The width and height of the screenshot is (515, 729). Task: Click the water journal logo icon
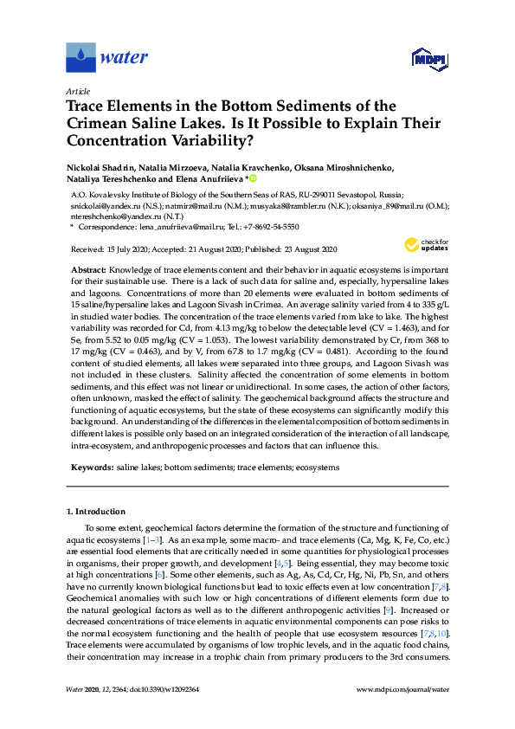[x=80, y=58]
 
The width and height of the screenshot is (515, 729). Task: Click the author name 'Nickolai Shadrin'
[x=98, y=167]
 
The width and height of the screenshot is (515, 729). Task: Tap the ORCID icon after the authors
[x=253, y=179]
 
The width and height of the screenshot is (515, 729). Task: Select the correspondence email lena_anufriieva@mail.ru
[x=174, y=227]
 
